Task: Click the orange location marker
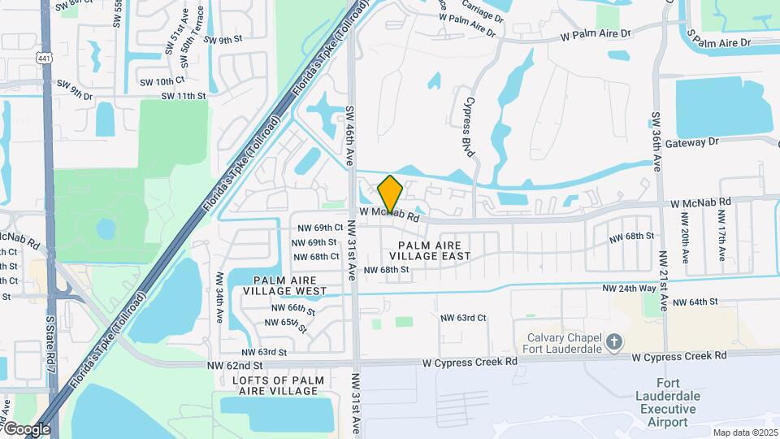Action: pos(390,194)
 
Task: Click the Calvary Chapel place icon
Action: pos(614,343)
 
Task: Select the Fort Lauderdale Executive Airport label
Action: pos(666,402)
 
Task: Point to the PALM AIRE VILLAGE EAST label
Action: pos(435,250)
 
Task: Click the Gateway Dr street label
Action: pos(692,141)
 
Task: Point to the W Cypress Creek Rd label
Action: pos(678,356)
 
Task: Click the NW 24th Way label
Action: pos(629,289)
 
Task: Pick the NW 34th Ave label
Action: pos(219,299)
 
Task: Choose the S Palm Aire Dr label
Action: pos(730,41)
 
